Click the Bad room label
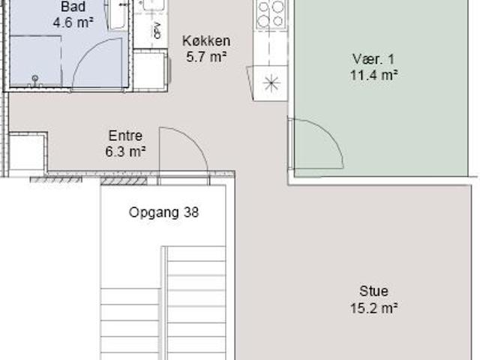(73, 7)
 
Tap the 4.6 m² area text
(73, 22)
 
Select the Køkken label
(206, 40)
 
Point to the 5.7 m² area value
(206, 55)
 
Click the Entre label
(125, 136)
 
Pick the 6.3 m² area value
(125, 150)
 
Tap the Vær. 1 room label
(373, 59)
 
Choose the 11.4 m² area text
(373, 74)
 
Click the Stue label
(373, 292)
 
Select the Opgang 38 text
(164, 212)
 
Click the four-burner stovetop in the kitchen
(271, 13)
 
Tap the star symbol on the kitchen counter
(271, 81)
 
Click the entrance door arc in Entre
(184, 150)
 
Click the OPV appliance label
(157, 30)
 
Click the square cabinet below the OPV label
(151, 71)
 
